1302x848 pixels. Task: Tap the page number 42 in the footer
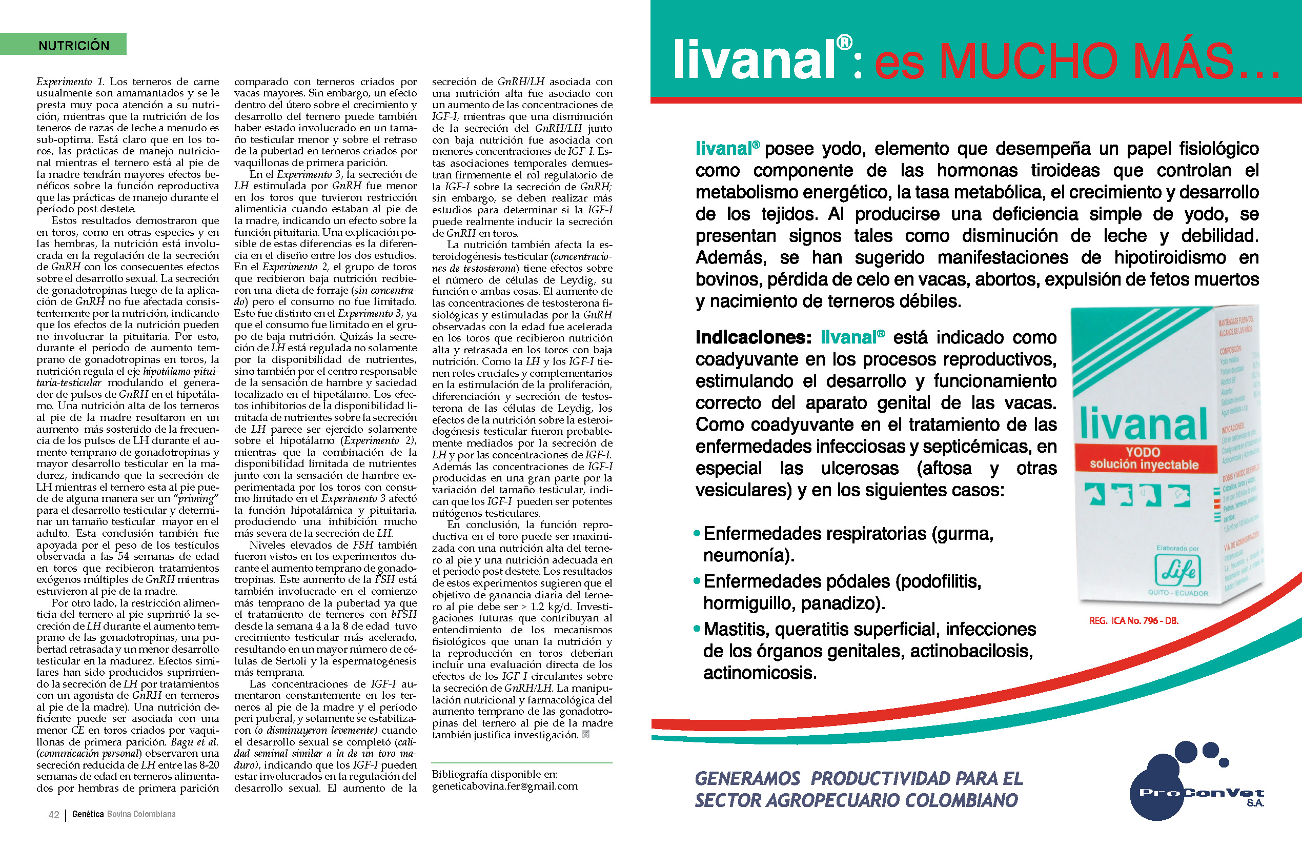[x=54, y=815]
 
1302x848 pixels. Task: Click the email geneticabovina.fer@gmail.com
[x=504, y=786]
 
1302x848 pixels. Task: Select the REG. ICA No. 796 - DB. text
[x=1133, y=621]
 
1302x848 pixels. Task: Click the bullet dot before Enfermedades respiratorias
[x=697, y=533]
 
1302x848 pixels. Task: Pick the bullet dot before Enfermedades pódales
[x=697, y=581]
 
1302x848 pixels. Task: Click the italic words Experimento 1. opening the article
[x=70, y=82]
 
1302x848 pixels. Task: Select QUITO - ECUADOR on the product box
[x=1177, y=593]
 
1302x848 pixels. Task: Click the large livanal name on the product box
[x=1144, y=424]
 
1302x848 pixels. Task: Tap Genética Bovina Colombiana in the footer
[x=124, y=815]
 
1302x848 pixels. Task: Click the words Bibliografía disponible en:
[x=494, y=774]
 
